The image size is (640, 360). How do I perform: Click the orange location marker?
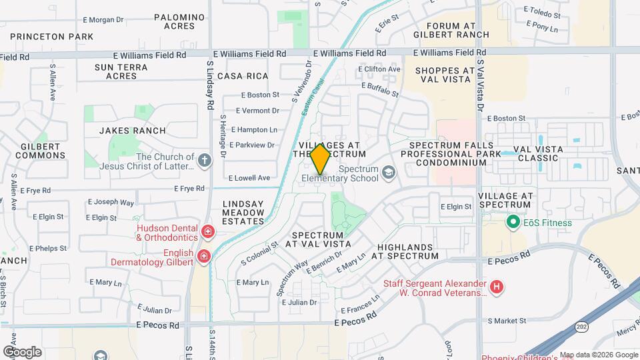320,159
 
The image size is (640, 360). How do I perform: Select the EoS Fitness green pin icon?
513,222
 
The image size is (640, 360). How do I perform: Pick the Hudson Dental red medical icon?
208,233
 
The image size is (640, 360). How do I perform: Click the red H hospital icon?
497,288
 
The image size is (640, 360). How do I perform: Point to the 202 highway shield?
579,329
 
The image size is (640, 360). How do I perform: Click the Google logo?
22,352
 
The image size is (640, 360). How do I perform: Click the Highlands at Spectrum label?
405,251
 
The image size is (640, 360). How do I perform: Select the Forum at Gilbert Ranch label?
451,30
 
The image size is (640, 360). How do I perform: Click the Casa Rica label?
247,76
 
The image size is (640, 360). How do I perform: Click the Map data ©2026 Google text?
598,355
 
